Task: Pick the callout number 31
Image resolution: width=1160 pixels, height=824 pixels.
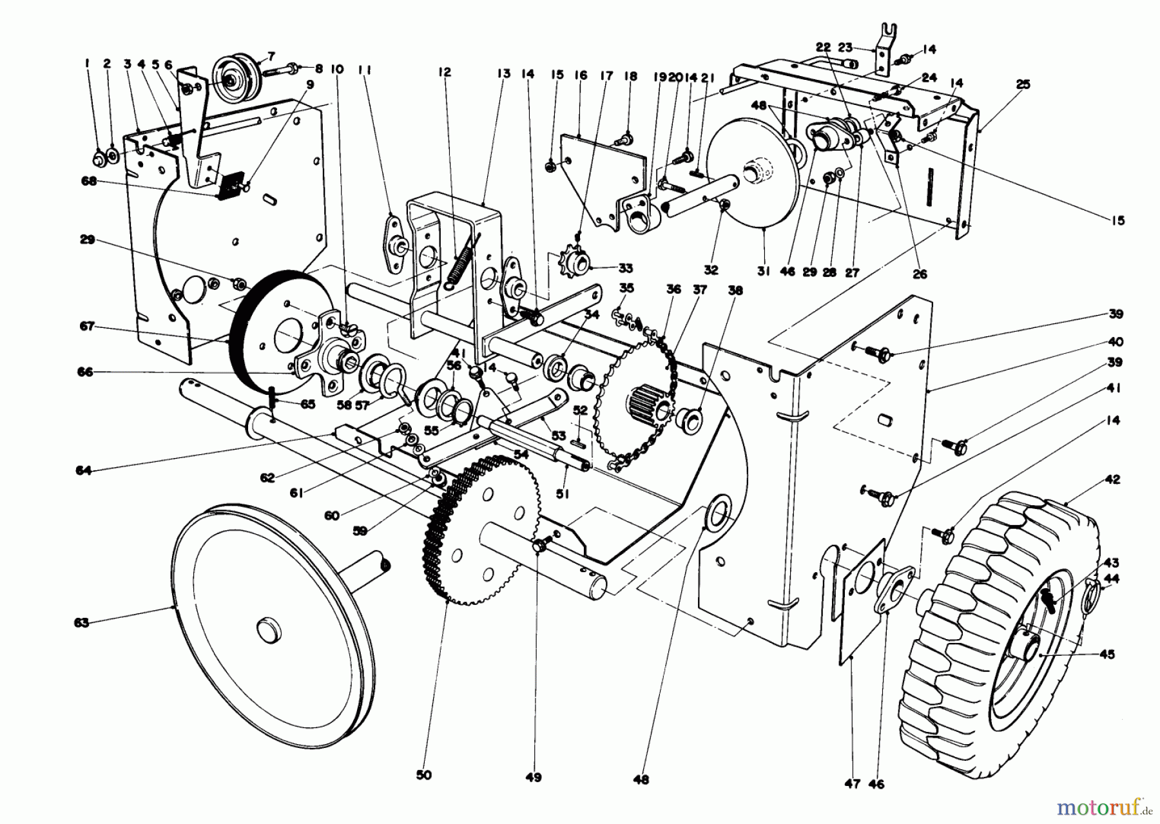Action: tap(763, 272)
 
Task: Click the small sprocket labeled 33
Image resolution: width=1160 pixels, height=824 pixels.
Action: tap(575, 263)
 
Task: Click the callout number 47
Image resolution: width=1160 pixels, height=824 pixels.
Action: tap(853, 784)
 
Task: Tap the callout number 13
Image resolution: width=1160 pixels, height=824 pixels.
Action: tap(503, 74)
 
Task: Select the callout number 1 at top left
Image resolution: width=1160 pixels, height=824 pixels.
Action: tap(86, 63)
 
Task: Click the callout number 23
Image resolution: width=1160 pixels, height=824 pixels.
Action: tap(845, 47)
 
